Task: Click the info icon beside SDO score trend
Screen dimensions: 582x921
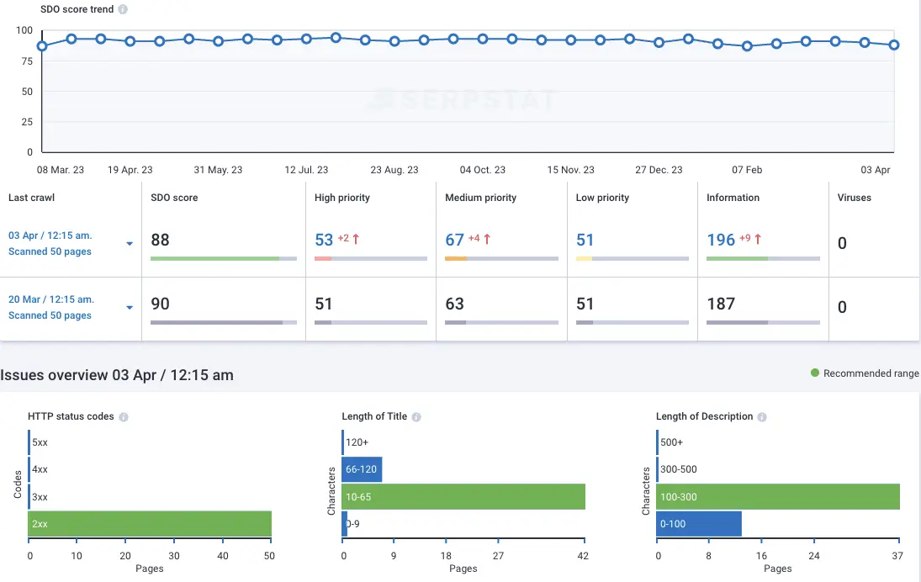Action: pos(124,10)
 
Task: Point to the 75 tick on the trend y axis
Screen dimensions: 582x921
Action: pos(27,61)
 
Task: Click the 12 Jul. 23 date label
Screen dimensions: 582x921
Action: pos(306,170)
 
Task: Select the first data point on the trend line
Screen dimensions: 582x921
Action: pos(42,46)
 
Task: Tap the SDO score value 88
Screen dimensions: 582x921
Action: pos(160,240)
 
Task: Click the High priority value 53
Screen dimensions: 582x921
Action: pos(324,240)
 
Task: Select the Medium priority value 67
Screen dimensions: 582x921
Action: pos(455,240)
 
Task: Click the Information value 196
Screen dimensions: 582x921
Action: pos(721,240)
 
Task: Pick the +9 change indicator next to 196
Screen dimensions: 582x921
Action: pos(745,239)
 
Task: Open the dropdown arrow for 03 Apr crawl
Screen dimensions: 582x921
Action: pos(130,244)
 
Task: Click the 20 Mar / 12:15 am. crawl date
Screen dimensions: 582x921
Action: pos(51,299)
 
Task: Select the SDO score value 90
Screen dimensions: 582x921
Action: pos(160,304)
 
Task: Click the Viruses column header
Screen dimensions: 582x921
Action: pos(855,198)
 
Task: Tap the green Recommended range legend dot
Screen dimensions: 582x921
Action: pos(814,373)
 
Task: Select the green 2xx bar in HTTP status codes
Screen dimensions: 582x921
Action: pos(150,523)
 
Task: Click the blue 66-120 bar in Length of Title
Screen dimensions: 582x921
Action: pos(362,469)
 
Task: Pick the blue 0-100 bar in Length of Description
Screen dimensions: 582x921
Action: pos(699,523)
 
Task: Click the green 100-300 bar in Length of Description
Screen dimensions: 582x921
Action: pos(778,496)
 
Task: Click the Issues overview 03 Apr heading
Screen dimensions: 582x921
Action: pos(117,375)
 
